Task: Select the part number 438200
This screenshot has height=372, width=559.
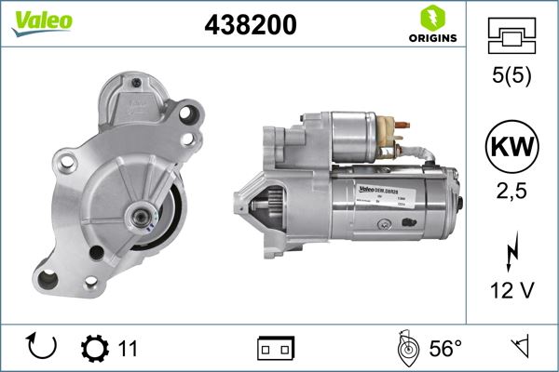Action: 251,26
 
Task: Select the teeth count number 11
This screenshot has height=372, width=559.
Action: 128,349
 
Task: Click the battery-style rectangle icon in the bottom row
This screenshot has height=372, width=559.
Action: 275,349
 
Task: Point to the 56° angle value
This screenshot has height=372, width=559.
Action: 445,349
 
